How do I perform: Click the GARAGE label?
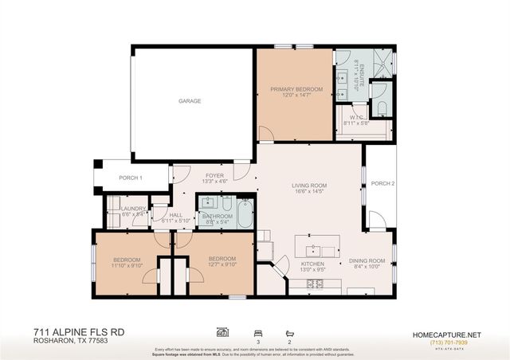pos(189,101)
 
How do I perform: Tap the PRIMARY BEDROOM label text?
pos(296,89)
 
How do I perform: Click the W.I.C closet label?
pos(355,120)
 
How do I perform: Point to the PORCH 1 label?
pos(131,178)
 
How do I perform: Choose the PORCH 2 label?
pos(382,183)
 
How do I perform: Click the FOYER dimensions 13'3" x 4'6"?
pos(214,182)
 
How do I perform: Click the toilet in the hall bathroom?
pos(226,204)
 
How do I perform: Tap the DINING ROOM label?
pos(367,260)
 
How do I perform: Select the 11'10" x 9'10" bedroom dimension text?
pos(127,266)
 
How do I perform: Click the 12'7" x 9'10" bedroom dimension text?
pos(222,266)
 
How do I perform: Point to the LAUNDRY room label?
pos(133,209)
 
